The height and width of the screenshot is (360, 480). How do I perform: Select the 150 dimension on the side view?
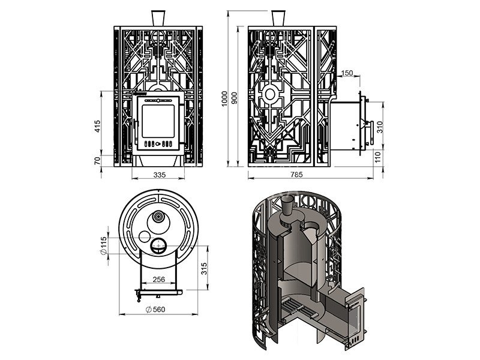(346, 73)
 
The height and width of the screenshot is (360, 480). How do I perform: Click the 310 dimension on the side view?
(378, 127)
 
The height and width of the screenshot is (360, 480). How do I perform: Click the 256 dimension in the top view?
(159, 280)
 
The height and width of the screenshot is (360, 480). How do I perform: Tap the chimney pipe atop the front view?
(158, 17)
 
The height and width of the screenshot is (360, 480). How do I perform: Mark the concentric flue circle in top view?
(158, 217)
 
